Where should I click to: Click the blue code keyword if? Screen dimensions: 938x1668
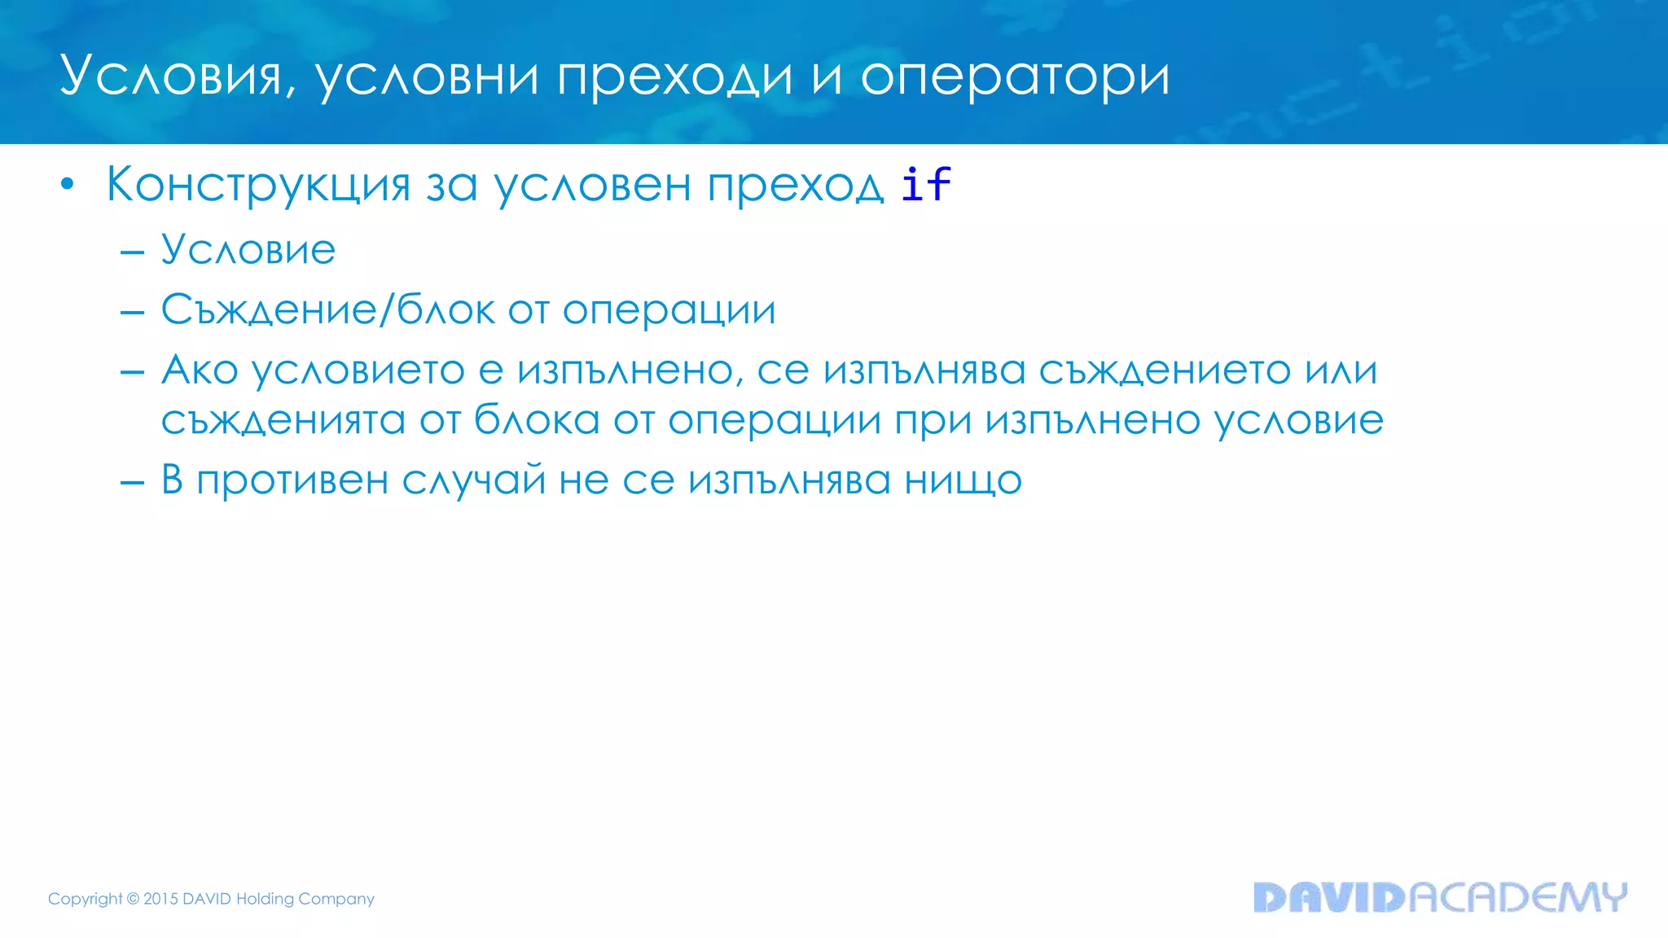coord(926,184)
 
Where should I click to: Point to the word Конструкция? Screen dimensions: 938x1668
coord(258,185)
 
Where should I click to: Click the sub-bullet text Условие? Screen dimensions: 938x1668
coord(248,249)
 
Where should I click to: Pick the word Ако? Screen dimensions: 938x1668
coord(200,370)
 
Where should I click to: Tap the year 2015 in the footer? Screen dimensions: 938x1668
coord(160,899)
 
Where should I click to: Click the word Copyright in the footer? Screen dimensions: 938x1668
coord(85,899)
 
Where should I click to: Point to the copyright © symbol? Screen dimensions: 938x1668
coord(133,899)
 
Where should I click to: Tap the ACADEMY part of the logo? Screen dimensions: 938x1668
coord(1517,897)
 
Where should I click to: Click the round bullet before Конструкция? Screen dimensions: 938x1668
coord(68,185)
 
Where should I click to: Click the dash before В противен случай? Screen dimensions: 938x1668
coord(132,482)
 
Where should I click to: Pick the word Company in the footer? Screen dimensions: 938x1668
coord(336,899)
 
